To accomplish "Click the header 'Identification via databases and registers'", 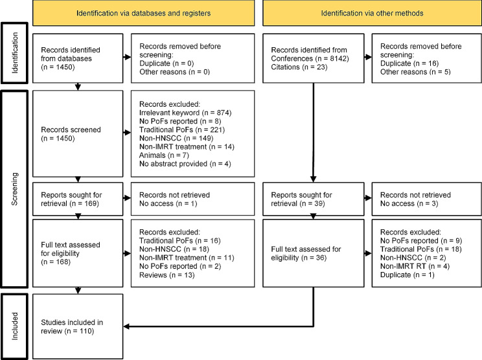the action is click(x=144, y=13).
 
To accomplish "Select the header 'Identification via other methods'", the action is click(x=372, y=13).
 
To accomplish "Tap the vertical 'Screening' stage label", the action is click(x=14, y=189).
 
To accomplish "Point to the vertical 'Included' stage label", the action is click(x=14, y=326).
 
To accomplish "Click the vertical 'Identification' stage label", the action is click(x=14, y=53).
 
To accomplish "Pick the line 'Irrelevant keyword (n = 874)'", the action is click(x=185, y=113).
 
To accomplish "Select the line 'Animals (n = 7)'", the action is click(x=164, y=155).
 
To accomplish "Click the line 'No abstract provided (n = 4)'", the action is click(x=185, y=164).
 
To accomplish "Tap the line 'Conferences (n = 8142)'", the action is click(x=310, y=58).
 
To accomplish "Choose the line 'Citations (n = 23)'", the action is click(x=299, y=67).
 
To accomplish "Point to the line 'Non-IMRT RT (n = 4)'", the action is click(x=415, y=266).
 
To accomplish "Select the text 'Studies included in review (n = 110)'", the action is click(x=72, y=326).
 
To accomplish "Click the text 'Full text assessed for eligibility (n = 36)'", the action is click(x=306, y=253).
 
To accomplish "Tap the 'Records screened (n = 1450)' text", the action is click(x=71, y=134).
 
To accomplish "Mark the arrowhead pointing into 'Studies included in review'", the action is click(x=126, y=326).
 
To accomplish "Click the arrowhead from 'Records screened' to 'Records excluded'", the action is click(x=128, y=133).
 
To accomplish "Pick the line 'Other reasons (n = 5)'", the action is click(x=415, y=72).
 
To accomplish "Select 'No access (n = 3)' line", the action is click(x=409, y=203).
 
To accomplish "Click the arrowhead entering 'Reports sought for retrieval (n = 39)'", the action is click(x=314, y=179).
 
